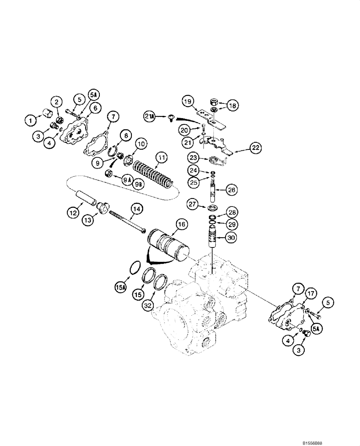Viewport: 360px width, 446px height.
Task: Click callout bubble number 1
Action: click(x=30, y=120)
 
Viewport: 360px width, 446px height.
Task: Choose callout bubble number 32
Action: click(x=147, y=306)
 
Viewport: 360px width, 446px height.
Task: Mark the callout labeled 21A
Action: click(x=150, y=116)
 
